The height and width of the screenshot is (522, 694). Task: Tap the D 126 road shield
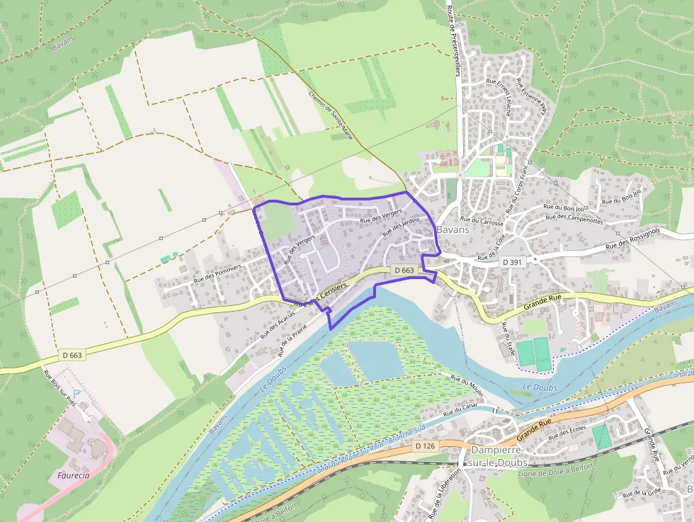(424, 446)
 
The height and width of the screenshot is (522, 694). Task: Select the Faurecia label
(69, 475)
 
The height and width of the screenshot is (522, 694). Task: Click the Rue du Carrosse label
(482, 222)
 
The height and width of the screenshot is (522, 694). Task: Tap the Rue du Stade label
(508, 340)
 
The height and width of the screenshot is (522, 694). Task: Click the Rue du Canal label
(460, 410)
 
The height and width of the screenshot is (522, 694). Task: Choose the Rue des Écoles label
(567, 433)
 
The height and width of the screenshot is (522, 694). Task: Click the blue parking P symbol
(77, 392)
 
